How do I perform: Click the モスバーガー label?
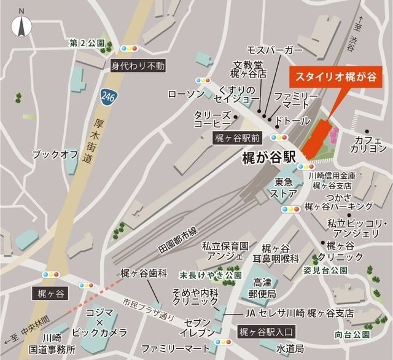pos(274,49)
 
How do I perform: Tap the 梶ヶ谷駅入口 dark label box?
pos(266,332)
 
